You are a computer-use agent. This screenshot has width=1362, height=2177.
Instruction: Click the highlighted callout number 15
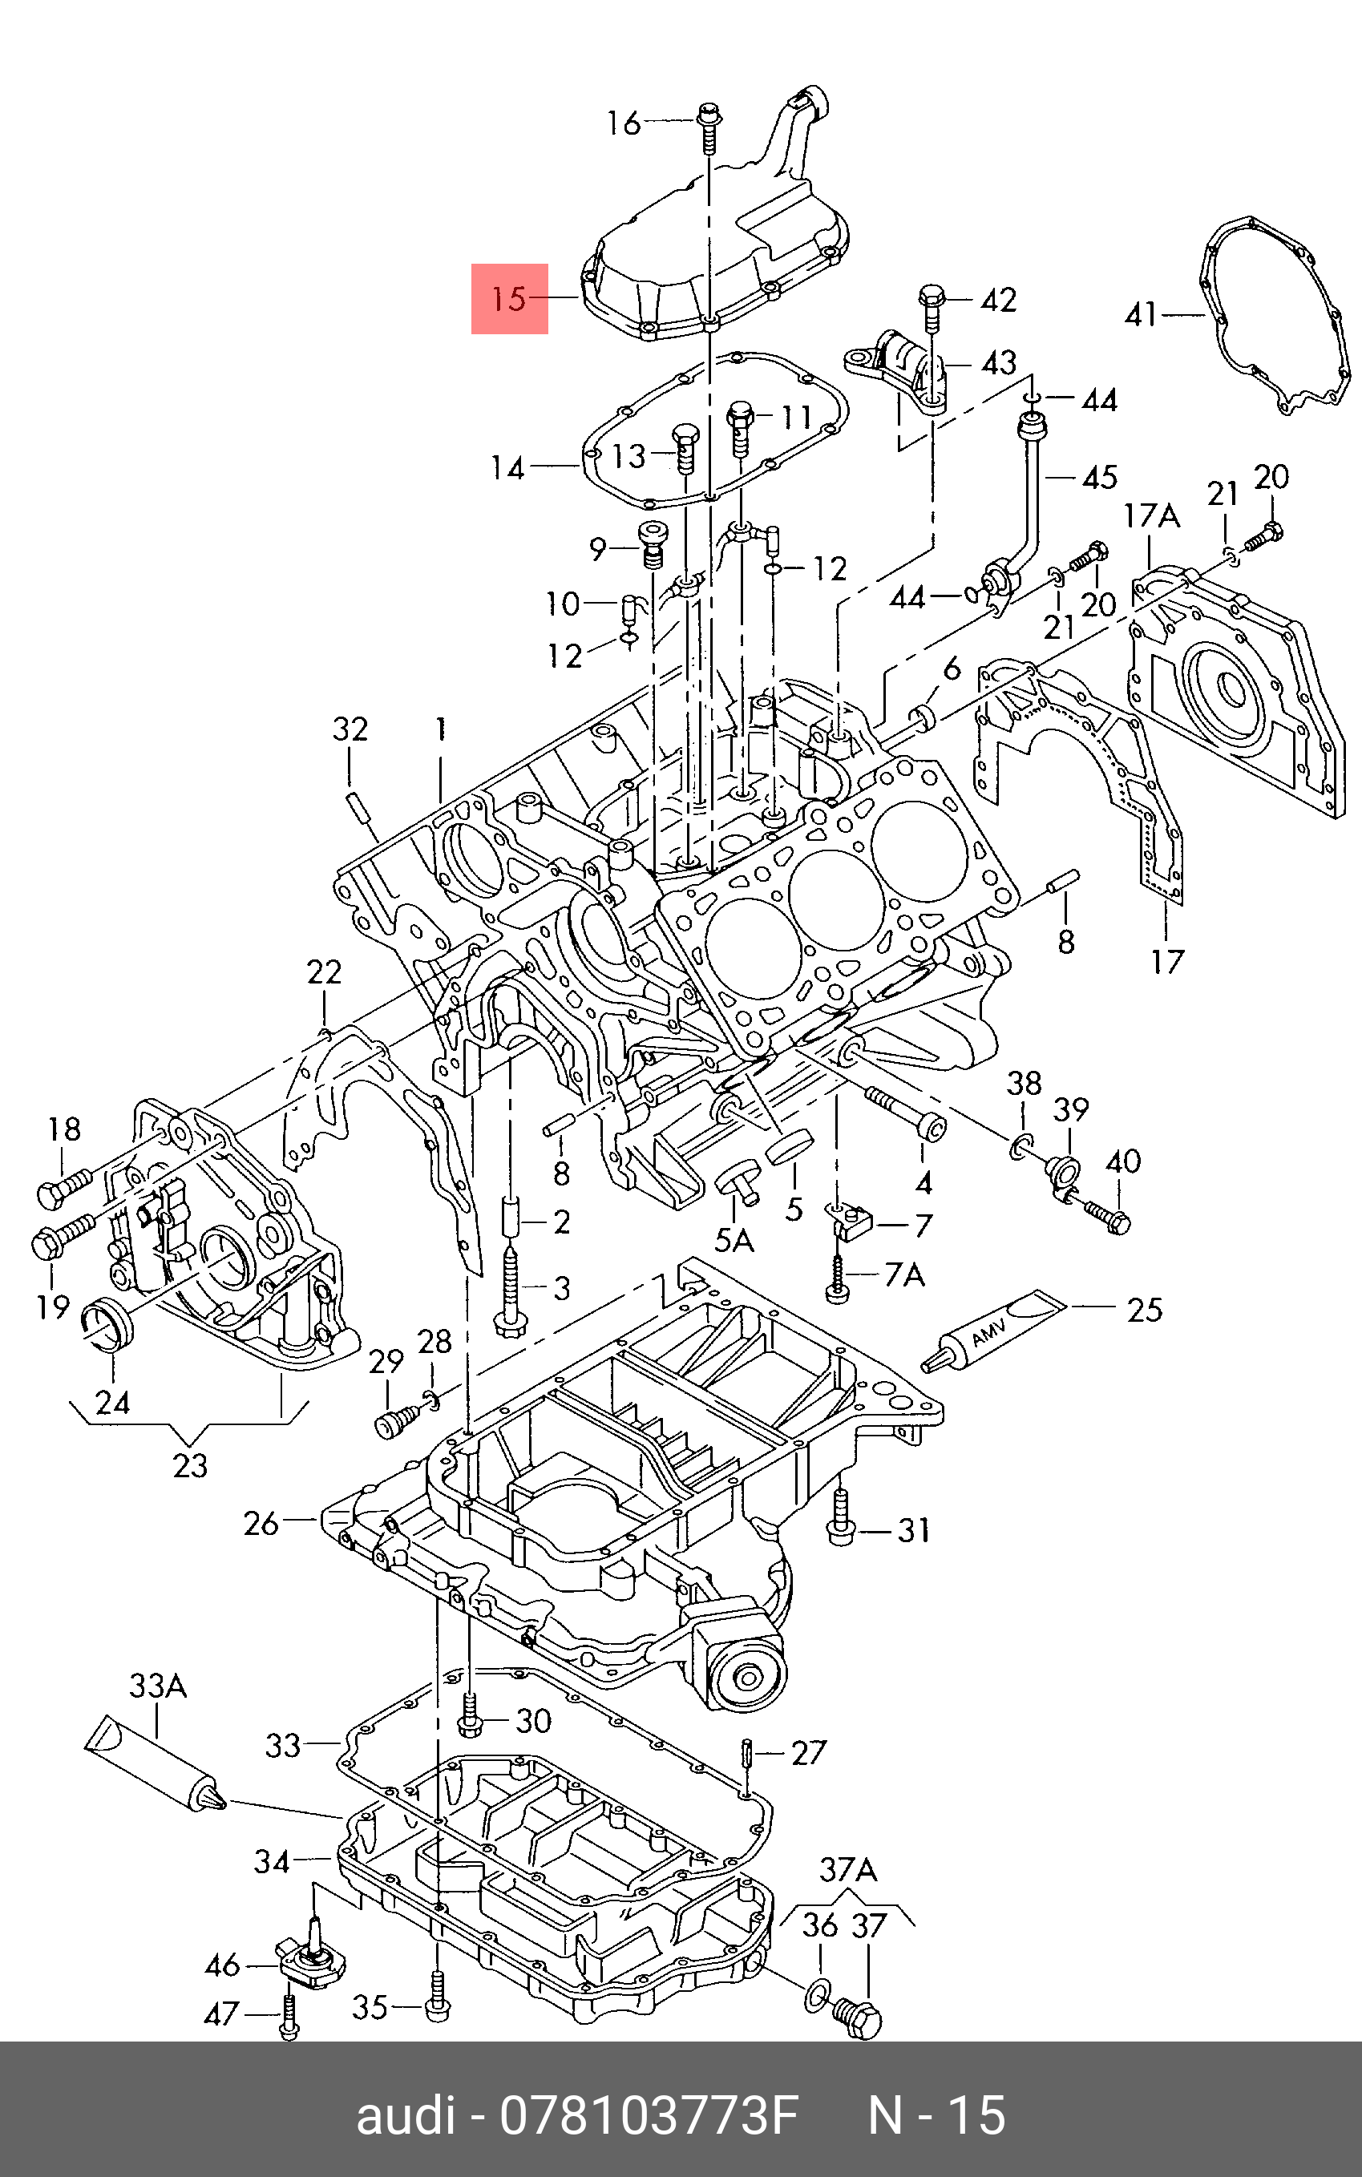tap(509, 298)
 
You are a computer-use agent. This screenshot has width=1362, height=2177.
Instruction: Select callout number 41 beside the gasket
tap(1142, 314)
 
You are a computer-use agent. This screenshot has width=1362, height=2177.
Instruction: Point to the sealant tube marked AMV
tap(992, 1331)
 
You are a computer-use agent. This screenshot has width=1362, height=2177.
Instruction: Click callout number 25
tap(1145, 1310)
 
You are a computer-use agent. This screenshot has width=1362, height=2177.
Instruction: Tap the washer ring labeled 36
tap(815, 1996)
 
